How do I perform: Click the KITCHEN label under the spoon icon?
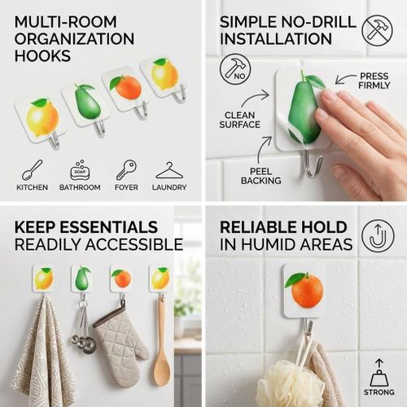[32, 187]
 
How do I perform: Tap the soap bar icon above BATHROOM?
[80, 171]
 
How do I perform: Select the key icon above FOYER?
[126, 170]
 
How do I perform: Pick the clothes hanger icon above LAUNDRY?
[169, 170]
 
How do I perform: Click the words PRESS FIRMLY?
[374, 81]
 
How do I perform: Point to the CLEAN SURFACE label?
[240, 120]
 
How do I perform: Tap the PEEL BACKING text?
[261, 176]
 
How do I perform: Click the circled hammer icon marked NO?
[235, 69]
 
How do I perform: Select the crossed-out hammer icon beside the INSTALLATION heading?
[377, 30]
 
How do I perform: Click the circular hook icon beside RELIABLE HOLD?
[378, 235]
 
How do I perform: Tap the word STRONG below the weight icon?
[379, 392]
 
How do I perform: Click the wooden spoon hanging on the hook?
[162, 342]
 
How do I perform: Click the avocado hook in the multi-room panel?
[86, 107]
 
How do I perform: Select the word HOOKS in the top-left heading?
[42, 56]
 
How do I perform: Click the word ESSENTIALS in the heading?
[109, 227]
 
